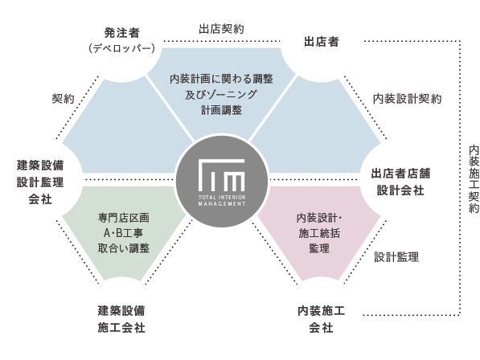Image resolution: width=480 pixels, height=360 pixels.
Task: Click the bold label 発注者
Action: [x=122, y=33]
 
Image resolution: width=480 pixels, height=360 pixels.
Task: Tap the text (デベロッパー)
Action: [x=122, y=48]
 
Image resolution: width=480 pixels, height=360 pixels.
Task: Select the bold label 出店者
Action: [x=322, y=42]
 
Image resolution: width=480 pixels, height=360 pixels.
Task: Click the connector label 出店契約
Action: [x=221, y=29]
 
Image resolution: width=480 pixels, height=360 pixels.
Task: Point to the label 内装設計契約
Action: [x=407, y=99]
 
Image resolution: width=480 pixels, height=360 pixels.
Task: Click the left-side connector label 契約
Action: [x=63, y=99]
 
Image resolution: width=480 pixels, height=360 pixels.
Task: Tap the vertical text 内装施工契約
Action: [x=474, y=179]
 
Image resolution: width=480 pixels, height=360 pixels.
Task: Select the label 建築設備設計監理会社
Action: [x=40, y=182]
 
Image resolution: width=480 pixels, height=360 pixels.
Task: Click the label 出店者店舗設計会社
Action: [x=400, y=182]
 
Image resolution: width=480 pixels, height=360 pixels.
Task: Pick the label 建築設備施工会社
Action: [x=121, y=319]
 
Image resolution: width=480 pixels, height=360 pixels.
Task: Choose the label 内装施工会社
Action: [x=321, y=319]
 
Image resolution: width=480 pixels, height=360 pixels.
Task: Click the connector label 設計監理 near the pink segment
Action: [x=396, y=257]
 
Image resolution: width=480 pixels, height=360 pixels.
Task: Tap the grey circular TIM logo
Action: [x=222, y=182]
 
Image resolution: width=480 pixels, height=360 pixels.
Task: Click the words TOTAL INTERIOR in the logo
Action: [x=222, y=198]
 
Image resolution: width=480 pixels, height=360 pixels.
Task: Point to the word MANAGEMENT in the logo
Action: [x=222, y=203]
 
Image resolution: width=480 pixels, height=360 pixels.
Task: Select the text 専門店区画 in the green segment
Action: [x=124, y=218]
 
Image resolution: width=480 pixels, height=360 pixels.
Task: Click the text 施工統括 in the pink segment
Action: [x=319, y=233]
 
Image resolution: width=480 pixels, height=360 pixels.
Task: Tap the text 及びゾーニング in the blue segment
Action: [x=221, y=95]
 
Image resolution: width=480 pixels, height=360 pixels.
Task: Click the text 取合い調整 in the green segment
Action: [x=124, y=248]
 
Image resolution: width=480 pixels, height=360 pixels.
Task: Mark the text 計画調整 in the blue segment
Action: [x=221, y=110]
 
